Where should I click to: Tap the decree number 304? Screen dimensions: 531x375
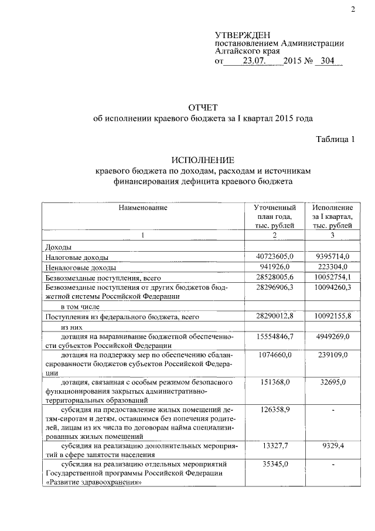click(x=328, y=61)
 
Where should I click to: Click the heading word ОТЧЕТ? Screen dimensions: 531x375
click(x=202, y=107)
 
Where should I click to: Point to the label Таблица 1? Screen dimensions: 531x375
click(x=336, y=139)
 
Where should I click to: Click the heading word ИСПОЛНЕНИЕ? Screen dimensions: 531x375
click(x=202, y=160)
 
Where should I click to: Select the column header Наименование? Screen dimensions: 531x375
click(x=143, y=208)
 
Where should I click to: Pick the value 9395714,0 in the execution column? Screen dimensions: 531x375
click(x=332, y=257)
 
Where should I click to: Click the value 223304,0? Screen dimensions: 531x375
click(x=332, y=267)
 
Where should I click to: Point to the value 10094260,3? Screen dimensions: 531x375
click(x=332, y=287)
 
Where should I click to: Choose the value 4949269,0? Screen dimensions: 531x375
click(x=332, y=336)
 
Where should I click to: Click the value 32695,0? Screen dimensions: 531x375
click(x=332, y=383)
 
